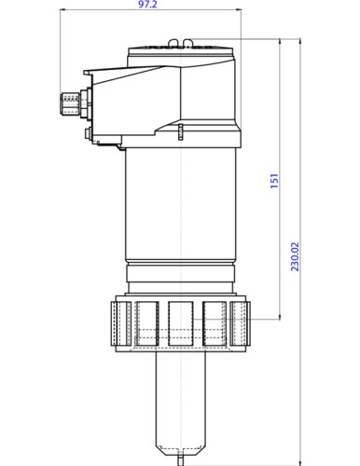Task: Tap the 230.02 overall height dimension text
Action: (x=296, y=256)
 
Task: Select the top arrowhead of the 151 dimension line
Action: (x=280, y=43)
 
